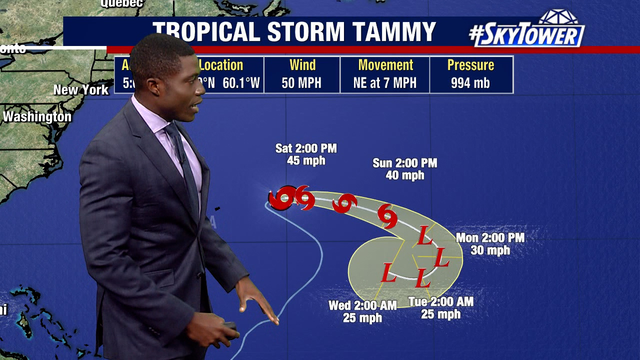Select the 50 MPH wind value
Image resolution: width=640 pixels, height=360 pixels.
302,83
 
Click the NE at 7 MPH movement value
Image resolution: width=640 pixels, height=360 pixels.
384,83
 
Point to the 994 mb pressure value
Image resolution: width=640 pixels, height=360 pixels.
470,83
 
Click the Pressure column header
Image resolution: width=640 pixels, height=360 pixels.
470,65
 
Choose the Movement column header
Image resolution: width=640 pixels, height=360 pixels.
385,65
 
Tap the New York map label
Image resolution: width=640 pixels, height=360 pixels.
81,90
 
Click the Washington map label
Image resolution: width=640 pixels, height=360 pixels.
37,117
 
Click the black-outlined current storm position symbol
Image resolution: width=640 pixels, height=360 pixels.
280,199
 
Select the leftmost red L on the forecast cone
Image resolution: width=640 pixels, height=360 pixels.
388,272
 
